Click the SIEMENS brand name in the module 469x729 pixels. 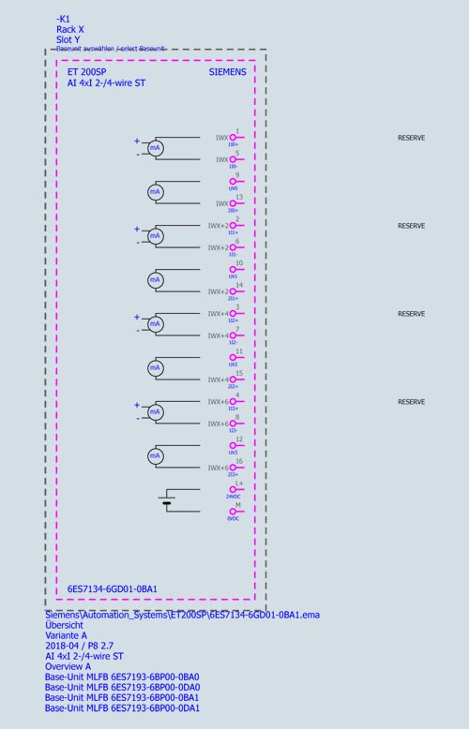point(227,71)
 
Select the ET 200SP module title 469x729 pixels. point(84,71)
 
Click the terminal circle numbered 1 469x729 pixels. point(233,138)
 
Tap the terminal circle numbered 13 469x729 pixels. point(233,203)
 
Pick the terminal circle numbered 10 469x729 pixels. point(233,270)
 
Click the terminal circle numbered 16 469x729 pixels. point(233,468)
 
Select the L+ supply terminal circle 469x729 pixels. point(233,489)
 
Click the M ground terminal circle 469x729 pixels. point(233,512)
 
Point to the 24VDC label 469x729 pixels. point(233,497)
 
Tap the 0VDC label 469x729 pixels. point(233,518)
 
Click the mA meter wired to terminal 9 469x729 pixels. point(156,191)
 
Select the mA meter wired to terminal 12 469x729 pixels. point(156,456)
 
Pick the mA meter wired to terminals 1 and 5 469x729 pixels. point(156,148)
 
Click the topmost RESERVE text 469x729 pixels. point(411,138)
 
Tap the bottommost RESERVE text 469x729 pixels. point(411,402)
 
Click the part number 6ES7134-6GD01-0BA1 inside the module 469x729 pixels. point(112,589)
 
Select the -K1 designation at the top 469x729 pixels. point(63,18)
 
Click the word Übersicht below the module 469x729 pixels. point(64,625)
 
